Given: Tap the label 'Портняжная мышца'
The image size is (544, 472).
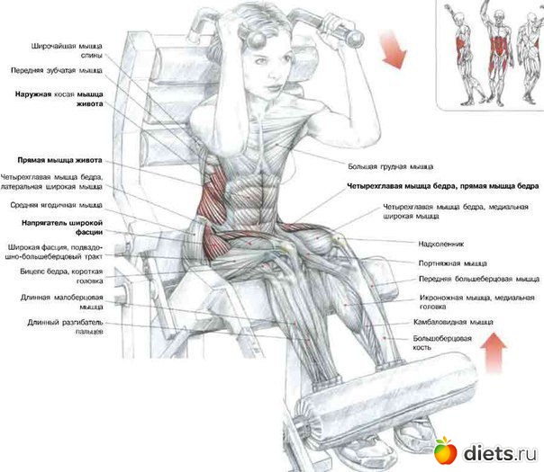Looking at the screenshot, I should (440, 264).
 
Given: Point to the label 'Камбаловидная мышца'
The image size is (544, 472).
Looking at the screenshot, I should (448, 320).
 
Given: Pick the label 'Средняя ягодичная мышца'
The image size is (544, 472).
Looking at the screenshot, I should (55, 205).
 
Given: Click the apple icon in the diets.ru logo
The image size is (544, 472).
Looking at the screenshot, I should (444, 449).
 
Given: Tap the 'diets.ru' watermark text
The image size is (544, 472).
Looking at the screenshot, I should (497, 450).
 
